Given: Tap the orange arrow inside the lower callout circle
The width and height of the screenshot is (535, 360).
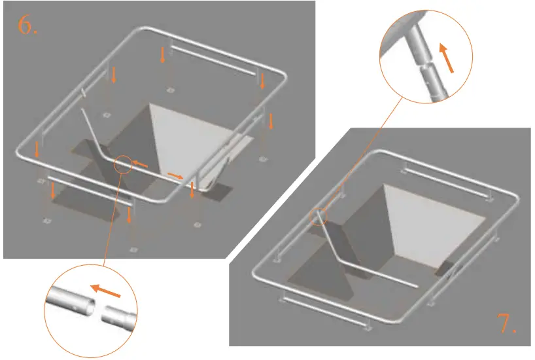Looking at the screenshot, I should tap(105, 289).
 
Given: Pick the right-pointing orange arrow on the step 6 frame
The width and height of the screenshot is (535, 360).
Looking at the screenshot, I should tap(175, 175).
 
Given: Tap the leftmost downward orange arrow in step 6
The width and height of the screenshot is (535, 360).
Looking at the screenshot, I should tap(37, 150).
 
